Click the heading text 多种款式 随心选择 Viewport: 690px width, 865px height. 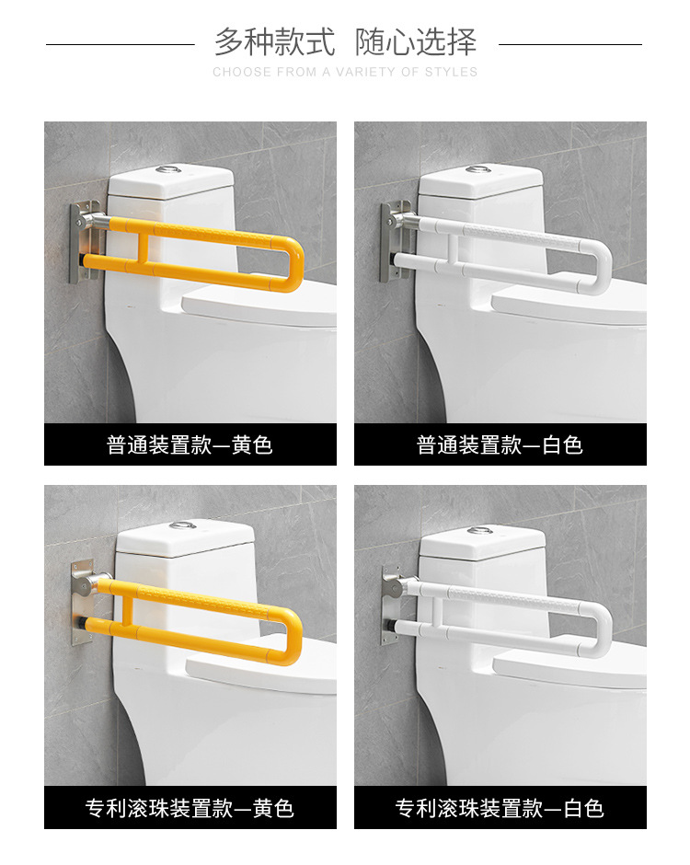coord(345,42)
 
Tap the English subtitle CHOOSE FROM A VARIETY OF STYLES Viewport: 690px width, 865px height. coord(345,72)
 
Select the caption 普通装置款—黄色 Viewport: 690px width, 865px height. coord(190,445)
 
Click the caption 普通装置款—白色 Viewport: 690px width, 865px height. coord(500,445)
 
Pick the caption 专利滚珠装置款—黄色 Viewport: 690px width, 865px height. coord(190,808)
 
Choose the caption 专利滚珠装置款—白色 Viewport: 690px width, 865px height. coord(500,808)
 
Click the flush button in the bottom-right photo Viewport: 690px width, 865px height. coord(480,531)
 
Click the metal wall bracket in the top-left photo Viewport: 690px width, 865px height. coord(83,241)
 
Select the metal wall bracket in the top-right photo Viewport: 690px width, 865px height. coord(393,241)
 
